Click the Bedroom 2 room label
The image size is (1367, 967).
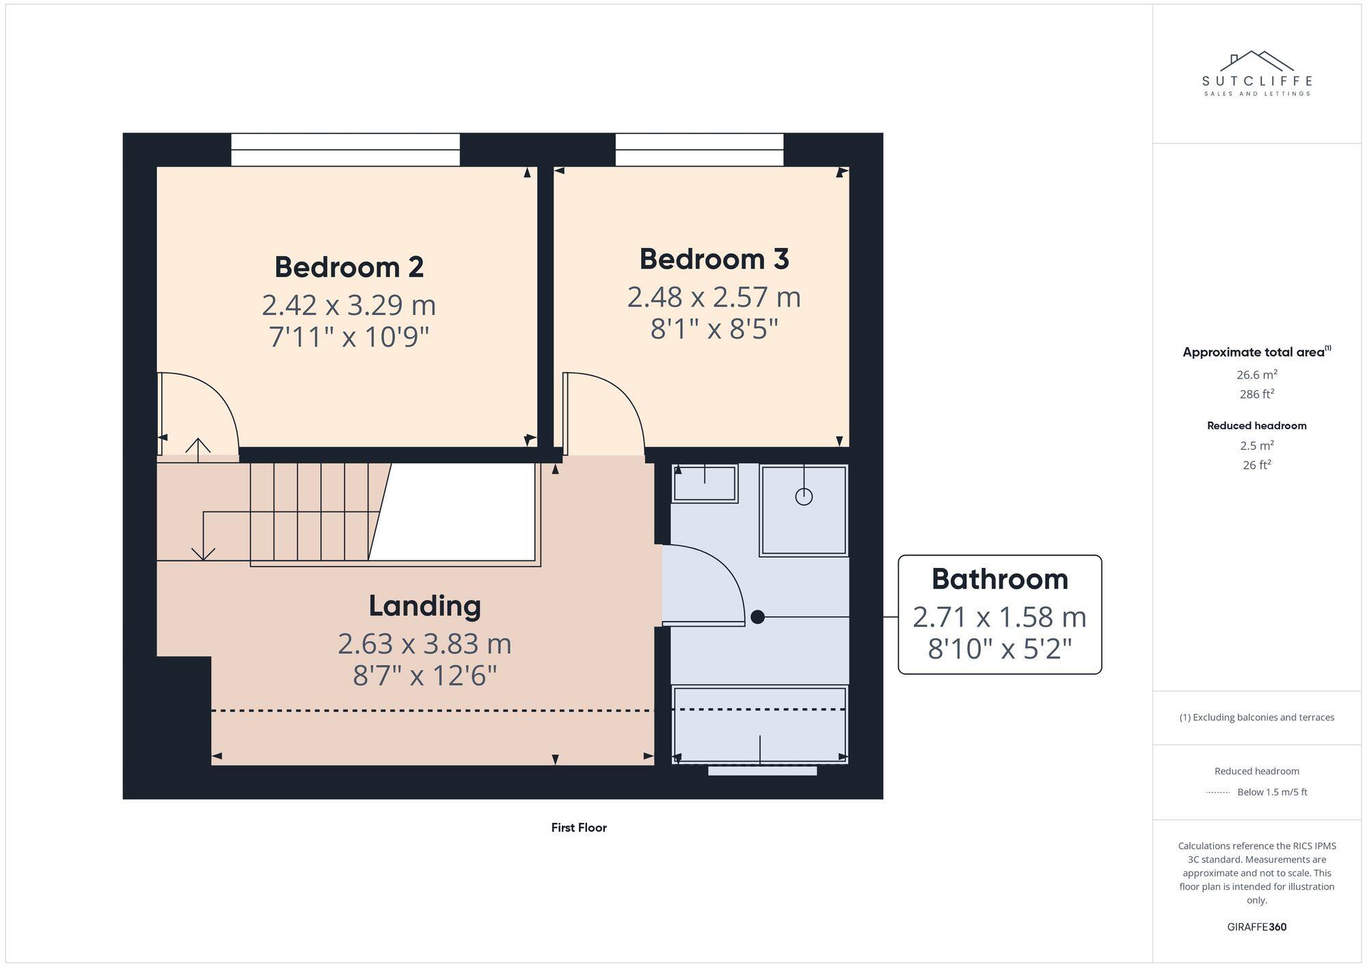pos(349,267)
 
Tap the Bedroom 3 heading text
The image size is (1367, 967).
pos(714,259)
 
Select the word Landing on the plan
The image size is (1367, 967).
pos(424,605)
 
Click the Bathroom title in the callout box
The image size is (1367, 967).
pos(999,580)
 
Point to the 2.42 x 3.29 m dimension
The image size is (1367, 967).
pos(349,305)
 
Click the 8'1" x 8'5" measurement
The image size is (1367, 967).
pos(714,329)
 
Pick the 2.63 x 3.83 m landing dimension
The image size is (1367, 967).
pos(424,644)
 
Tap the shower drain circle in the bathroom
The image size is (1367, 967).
pos(804,497)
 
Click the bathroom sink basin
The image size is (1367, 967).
pos(704,484)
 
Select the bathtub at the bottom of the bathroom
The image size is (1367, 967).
pos(759,724)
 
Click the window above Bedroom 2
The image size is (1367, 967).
pos(345,150)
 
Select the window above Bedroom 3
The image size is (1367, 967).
pos(699,150)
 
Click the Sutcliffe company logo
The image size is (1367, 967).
pos(1256,74)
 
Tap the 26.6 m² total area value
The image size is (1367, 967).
pos(1256,374)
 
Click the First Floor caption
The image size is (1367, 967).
pos(578,828)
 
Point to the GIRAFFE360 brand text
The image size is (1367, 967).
pos(1256,927)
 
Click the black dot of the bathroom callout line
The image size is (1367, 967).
pos(757,617)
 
